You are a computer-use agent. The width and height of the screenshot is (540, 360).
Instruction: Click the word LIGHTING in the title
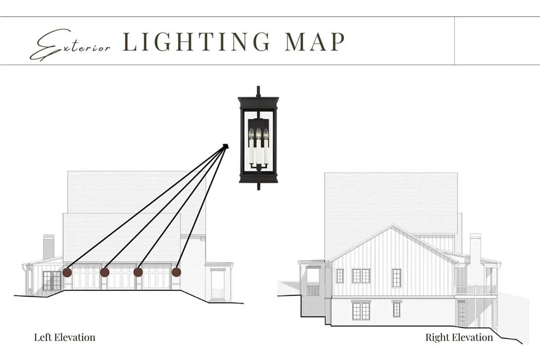pyautogui.click(x=197, y=42)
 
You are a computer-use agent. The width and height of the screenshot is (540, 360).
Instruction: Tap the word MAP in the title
pyautogui.click(x=315, y=42)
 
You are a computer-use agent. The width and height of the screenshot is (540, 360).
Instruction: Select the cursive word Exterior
pyautogui.click(x=70, y=45)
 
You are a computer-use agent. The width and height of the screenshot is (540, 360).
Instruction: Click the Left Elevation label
pyautogui.click(x=65, y=337)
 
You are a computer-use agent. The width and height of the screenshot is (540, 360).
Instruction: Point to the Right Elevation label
pyautogui.click(x=459, y=337)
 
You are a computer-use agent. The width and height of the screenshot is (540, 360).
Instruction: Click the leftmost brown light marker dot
pyautogui.click(x=67, y=273)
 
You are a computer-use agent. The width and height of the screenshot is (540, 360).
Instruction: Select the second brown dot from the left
pyautogui.click(x=105, y=273)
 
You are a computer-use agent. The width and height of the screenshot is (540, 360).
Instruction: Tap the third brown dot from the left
pyautogui.click(x=138, y=272)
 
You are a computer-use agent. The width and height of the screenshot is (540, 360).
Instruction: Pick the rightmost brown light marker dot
pyautogui.click(x=176, y=272)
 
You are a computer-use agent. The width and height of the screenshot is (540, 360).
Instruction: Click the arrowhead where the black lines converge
pyautogui.click(x=226, y=146)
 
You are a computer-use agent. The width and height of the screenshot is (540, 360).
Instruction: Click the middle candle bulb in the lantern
pyautogui.click(x=258, y=133)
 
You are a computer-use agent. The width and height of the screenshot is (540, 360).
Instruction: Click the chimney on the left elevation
pyautogui.click(x=49, y=247)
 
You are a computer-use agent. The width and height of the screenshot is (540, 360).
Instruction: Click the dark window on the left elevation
pyautogui.click(x=52, y=280)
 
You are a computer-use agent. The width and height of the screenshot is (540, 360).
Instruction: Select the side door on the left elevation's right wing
pyautogui.click(x=218, y=284)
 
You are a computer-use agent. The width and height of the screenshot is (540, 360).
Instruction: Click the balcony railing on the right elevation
pyautogui.click(x=476, y=290)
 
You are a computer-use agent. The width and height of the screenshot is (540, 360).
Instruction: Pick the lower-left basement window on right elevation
pyautogui.click(x=361, y=310)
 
